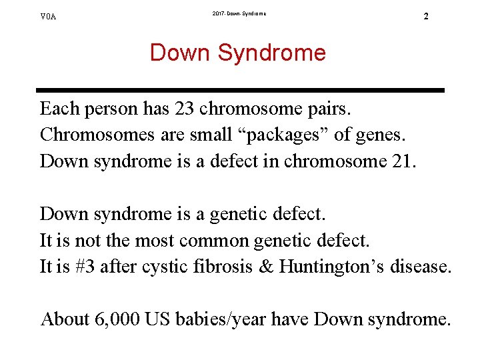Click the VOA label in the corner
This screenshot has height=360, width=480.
(48, 16)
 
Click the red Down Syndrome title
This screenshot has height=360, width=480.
(238, 53)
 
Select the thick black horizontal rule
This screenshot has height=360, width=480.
(240, 90)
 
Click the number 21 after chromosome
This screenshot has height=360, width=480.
(404, 161)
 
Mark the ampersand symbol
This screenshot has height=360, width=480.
(266, 267)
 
